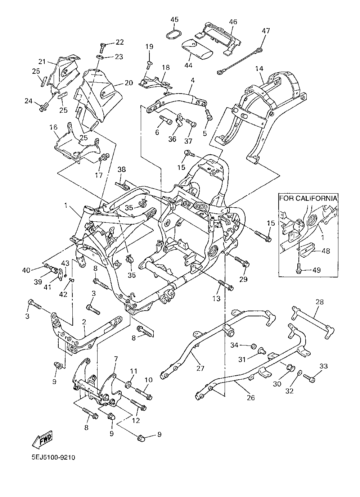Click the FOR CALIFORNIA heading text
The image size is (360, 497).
(x=308, y=198)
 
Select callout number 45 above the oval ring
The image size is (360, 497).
(x=175, y=19)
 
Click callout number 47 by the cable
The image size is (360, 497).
(x=266, y=31)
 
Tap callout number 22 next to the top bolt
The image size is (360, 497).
(x=120, y=42)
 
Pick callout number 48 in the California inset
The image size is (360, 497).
(x=325, y=251)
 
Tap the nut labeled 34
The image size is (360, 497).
(x=254, y=346)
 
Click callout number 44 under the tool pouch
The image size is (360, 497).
(x=188, y=65)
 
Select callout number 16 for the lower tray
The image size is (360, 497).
(x=53, y=127)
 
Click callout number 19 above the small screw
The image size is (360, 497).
(x=149, y=46)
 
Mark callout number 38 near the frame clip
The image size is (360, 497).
(x=122, y=170)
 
